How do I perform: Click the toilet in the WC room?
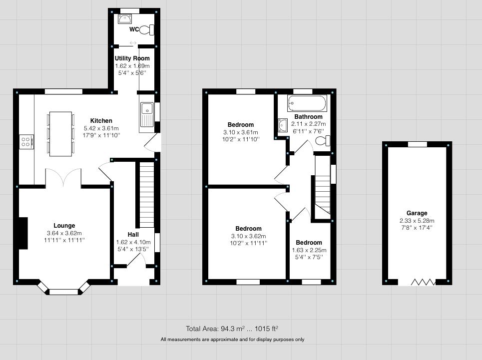pos(147,30)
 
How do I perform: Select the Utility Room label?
pos(132,58)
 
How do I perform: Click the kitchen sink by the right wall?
pos(147,114)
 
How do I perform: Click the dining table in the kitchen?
pos(60,133)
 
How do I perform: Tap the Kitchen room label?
pos(101,121)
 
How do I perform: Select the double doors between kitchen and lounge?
pos(63,177)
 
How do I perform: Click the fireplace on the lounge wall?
pos(23,233)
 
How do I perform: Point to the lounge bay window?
pos(63,290)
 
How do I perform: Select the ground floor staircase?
pos(146,195)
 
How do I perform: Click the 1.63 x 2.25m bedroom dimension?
pos(309,250)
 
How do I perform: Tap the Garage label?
pos(417,213)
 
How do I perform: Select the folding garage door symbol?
pos(423,283)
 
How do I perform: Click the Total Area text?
pos(232,329)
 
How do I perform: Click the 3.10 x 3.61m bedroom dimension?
pos(241,132)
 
